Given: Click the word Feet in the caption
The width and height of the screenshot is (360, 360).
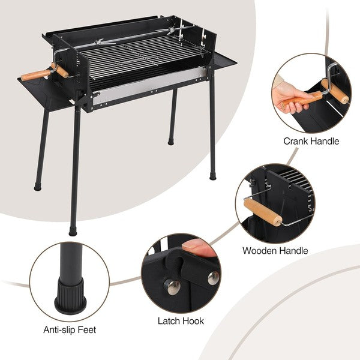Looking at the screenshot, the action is pyautogui.click(x=87, y=329).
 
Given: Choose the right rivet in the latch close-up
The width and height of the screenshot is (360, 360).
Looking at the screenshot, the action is pyautogui.click(x=214, y=278).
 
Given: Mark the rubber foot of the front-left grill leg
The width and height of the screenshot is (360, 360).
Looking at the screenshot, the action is pyautogui.click(x=73, y=231).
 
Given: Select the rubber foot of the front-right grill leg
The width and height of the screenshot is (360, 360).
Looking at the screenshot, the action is pyautogui.click(x=213, y=176).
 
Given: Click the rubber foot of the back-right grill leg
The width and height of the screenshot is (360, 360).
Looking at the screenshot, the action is pyautogui.click(x=171, y=142).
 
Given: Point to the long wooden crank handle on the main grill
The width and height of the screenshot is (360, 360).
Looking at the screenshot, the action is pyautogui.click(x=35, y=75).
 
